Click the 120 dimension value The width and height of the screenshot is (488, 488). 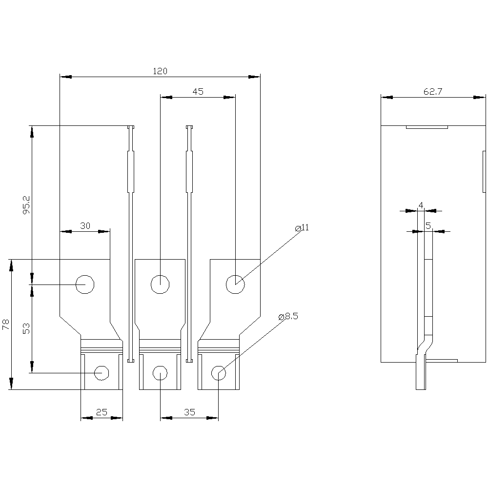click(160, 71)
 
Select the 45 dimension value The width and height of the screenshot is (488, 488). click(198, 92)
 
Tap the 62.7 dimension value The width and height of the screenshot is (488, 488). click(432, 92)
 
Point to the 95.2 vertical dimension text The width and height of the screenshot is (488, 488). click(26, 204)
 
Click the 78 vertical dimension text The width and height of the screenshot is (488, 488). click(6, 325)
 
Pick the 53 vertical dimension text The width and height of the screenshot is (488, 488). click(26, 328)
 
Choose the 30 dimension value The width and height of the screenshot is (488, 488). click(85, 225)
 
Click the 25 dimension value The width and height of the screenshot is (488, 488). click(102, 412)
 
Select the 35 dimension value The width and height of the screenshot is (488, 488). click(189, 412)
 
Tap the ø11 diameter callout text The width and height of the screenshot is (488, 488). click(302, 228)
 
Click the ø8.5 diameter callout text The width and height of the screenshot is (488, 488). click(288, 317)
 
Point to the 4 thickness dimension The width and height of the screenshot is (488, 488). click(421, 205)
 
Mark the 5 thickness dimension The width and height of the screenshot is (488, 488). click(428, 225)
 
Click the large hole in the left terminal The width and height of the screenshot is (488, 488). click(85, 285)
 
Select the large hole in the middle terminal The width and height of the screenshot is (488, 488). click(160, 285)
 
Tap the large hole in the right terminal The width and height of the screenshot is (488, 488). click(235, 285)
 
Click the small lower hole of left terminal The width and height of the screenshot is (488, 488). click(102, 373)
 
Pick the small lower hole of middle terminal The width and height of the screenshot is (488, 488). click(160, 373)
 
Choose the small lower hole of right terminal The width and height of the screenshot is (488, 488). click(219, 373)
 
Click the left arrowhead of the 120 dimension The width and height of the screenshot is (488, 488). click(65, 77)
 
